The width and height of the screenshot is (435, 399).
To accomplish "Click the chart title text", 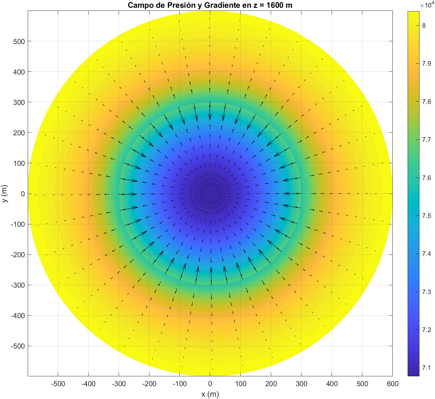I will click(x=210, y=5).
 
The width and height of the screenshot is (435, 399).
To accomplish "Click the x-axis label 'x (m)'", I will click(x=210, y=394).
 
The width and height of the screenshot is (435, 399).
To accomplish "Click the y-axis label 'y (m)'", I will click(x=4, y=194).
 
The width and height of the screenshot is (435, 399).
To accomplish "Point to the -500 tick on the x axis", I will click(x=58, y=384).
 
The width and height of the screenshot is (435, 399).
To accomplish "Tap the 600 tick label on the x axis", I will click(x=392, y=384).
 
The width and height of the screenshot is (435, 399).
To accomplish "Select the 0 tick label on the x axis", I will click(x=210, y=384).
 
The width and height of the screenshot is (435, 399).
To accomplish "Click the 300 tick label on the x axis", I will click(x=301, y=384).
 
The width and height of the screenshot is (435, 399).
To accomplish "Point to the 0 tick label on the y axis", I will click(x=23, y=194).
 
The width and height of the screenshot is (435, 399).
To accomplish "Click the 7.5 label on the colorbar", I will click(x=427, y=216).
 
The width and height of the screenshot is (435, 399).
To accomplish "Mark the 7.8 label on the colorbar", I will click(x=427, y=102).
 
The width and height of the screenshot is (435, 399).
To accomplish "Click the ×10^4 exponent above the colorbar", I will click(x=426, y=5).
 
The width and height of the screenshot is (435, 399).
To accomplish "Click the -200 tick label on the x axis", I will click(x=149, y=384).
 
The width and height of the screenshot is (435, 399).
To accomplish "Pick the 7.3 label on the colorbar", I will click(x=427, y=292).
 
